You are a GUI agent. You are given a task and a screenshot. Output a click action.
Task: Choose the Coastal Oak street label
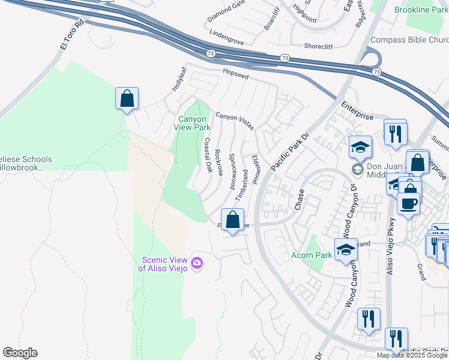(208, 155)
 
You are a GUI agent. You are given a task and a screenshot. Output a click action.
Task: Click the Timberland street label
(244, 185)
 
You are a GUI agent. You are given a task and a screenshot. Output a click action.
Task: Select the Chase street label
(300, 200)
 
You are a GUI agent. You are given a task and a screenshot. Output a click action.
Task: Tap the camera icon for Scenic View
(196, 263)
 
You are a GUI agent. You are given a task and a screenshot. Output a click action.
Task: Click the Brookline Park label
(421, 10)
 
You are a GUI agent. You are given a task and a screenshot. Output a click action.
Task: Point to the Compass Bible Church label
(409, 40)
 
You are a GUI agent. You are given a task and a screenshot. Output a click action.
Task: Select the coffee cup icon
(409, 203)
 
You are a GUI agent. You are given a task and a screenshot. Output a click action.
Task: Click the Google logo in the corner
(20, 353)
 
